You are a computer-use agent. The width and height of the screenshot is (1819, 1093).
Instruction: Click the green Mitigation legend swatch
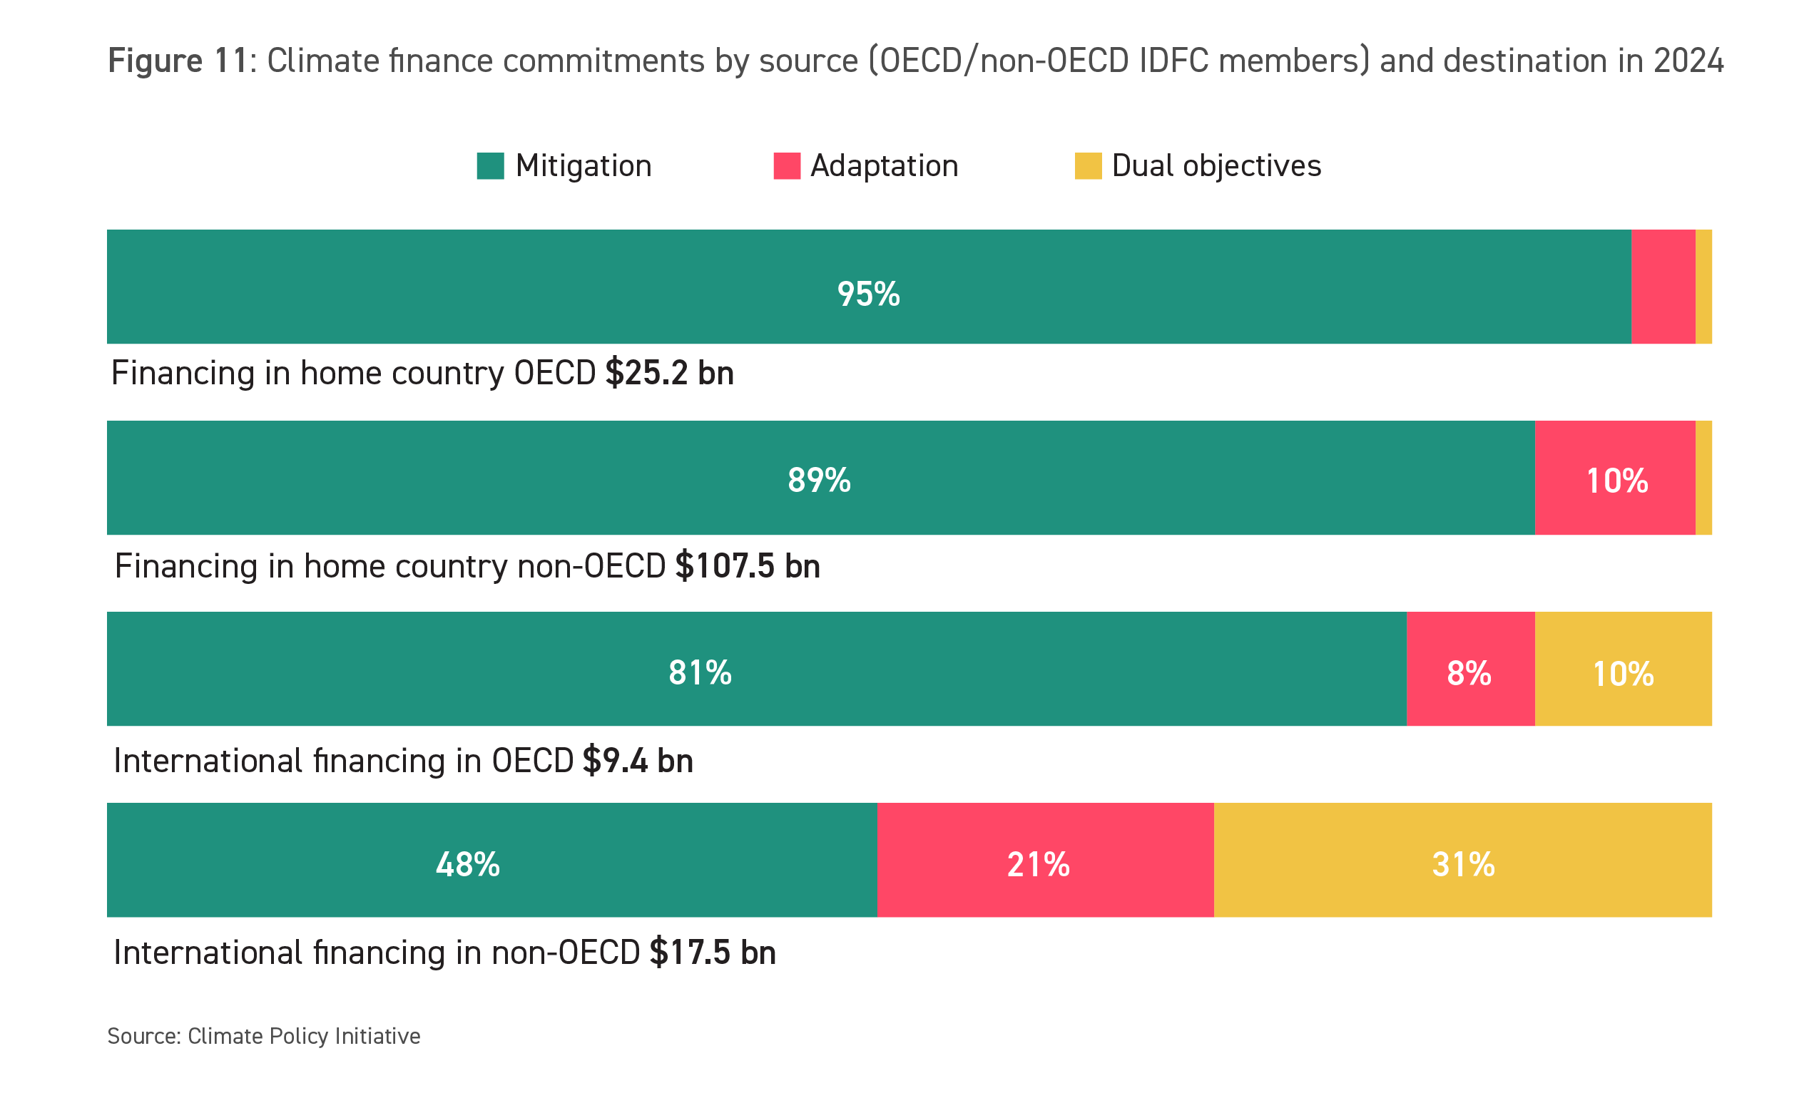tap(490, 165)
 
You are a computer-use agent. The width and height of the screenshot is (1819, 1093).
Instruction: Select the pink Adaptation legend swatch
tap(786, 165)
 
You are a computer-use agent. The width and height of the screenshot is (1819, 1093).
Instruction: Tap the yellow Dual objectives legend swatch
tap(1087, 165)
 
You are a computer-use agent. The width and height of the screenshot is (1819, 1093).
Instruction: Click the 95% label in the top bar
tap(868, 294)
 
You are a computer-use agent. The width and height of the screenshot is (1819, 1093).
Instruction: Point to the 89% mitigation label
tap(818, 481)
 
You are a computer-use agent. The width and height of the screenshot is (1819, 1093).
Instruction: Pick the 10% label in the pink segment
tap(1616, 481)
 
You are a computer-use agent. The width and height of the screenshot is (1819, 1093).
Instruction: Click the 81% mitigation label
tap(700, 672)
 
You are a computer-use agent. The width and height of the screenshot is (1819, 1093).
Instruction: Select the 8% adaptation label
tap(1468, 673)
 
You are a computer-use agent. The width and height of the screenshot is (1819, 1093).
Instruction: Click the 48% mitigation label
tap(467, 864)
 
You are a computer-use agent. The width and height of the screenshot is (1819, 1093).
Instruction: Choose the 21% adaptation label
tap(1037, 864)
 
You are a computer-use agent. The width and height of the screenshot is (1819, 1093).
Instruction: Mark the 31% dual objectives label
tap(1462, 864)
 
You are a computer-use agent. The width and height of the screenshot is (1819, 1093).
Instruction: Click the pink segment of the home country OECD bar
tap(1662, 287)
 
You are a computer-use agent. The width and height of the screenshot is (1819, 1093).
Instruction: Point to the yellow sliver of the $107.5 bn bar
tap(1703, 477)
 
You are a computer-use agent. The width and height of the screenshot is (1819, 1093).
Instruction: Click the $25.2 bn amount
tap(669, 373)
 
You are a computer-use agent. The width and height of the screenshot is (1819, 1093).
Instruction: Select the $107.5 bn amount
tap(747, 565)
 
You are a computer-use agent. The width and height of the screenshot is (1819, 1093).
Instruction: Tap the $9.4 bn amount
tap(637, 760)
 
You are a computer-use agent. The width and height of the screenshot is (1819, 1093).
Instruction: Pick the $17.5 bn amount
tap(712, 953)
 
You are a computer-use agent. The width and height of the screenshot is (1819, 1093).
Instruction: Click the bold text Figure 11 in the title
tap(177, 61)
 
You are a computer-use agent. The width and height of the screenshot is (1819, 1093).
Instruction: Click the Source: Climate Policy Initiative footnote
tap(264, 1035)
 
